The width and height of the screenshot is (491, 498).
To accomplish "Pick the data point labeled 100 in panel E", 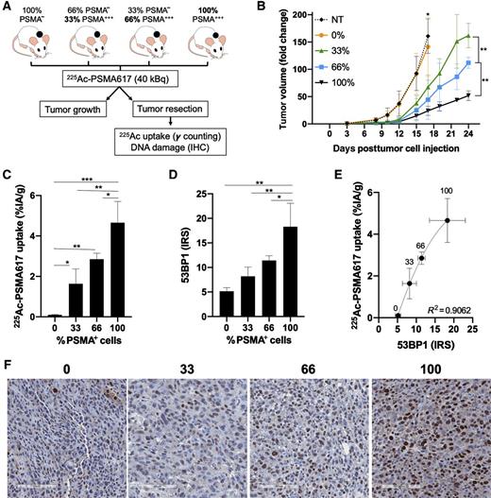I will pyautogui.click(x=448, y=219).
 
